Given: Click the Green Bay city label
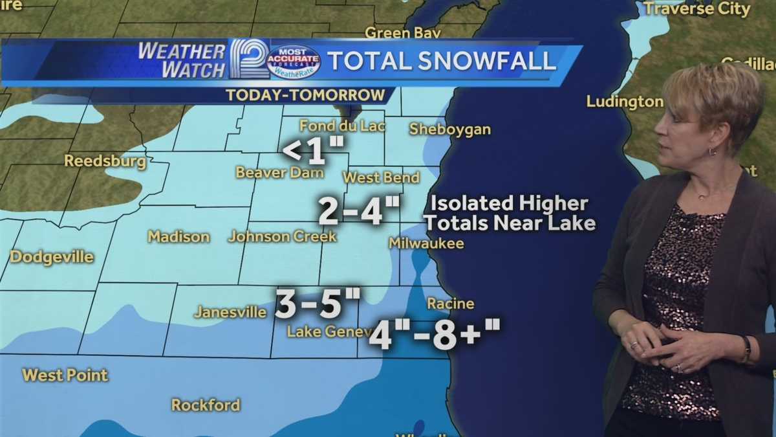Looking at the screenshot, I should [x=403, y=32].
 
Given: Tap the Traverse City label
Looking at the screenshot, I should [x=696, y=9].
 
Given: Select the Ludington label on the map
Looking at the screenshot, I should [x=625, y=102].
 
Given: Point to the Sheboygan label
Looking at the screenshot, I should [x=450, y=129].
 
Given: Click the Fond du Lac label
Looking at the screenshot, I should [x=342, y=126].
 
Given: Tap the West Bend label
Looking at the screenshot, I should [x=381, y=177].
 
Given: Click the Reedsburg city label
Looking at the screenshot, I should [x=105, y=161].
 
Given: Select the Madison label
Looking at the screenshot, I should [x=178, y=237].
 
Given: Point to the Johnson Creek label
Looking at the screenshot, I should [x=283, y=236].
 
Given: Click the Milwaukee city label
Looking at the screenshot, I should [x=426, y=243].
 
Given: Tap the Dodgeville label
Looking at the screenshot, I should [x=52, y=257].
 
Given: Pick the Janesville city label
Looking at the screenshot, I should [x=230, y=312].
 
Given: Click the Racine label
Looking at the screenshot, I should [x=451, y=304].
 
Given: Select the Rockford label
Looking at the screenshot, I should [x=206, y=405].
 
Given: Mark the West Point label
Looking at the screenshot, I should [x=65, y=375].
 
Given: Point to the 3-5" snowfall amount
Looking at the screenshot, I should [x=318, y=304].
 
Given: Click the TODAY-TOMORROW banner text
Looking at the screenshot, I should [x=305, y=95].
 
